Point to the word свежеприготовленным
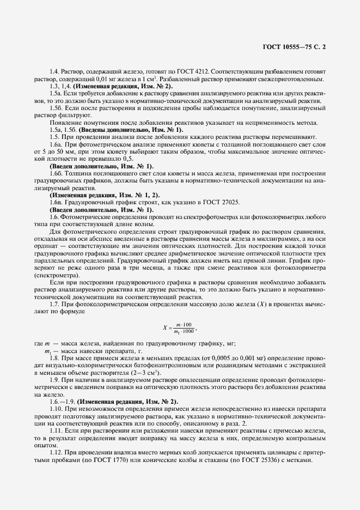click(294, 79)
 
